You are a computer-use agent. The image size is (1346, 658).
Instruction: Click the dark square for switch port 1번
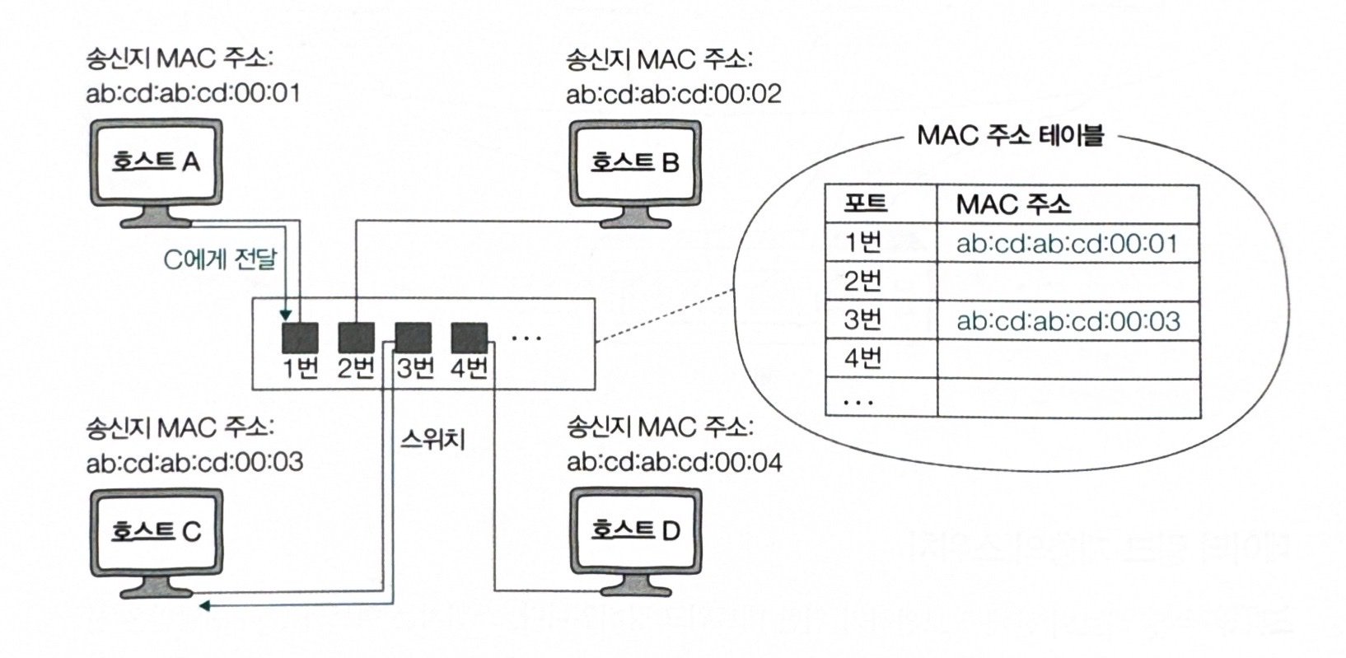pos(301,337)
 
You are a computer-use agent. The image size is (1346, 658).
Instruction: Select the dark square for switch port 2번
pos(356,337)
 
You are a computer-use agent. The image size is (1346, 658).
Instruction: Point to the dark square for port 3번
pos(413,337)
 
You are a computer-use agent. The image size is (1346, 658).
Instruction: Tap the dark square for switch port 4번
pos(469,337)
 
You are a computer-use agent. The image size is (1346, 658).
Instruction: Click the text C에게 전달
pos(221,259)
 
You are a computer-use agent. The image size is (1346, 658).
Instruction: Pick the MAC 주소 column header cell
pos(1013,203)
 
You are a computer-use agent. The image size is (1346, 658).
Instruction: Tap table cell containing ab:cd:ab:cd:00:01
pos(1068,244)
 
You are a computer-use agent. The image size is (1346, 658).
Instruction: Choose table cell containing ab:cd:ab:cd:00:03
pos(1068,320)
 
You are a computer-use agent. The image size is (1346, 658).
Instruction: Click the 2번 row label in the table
pos(863,282)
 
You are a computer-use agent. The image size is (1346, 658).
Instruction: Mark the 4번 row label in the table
pos(863,358)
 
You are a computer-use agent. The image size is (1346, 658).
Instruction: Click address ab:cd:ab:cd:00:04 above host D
pos(674,461)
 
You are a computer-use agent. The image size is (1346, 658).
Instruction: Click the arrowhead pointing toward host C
pos(206,606)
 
